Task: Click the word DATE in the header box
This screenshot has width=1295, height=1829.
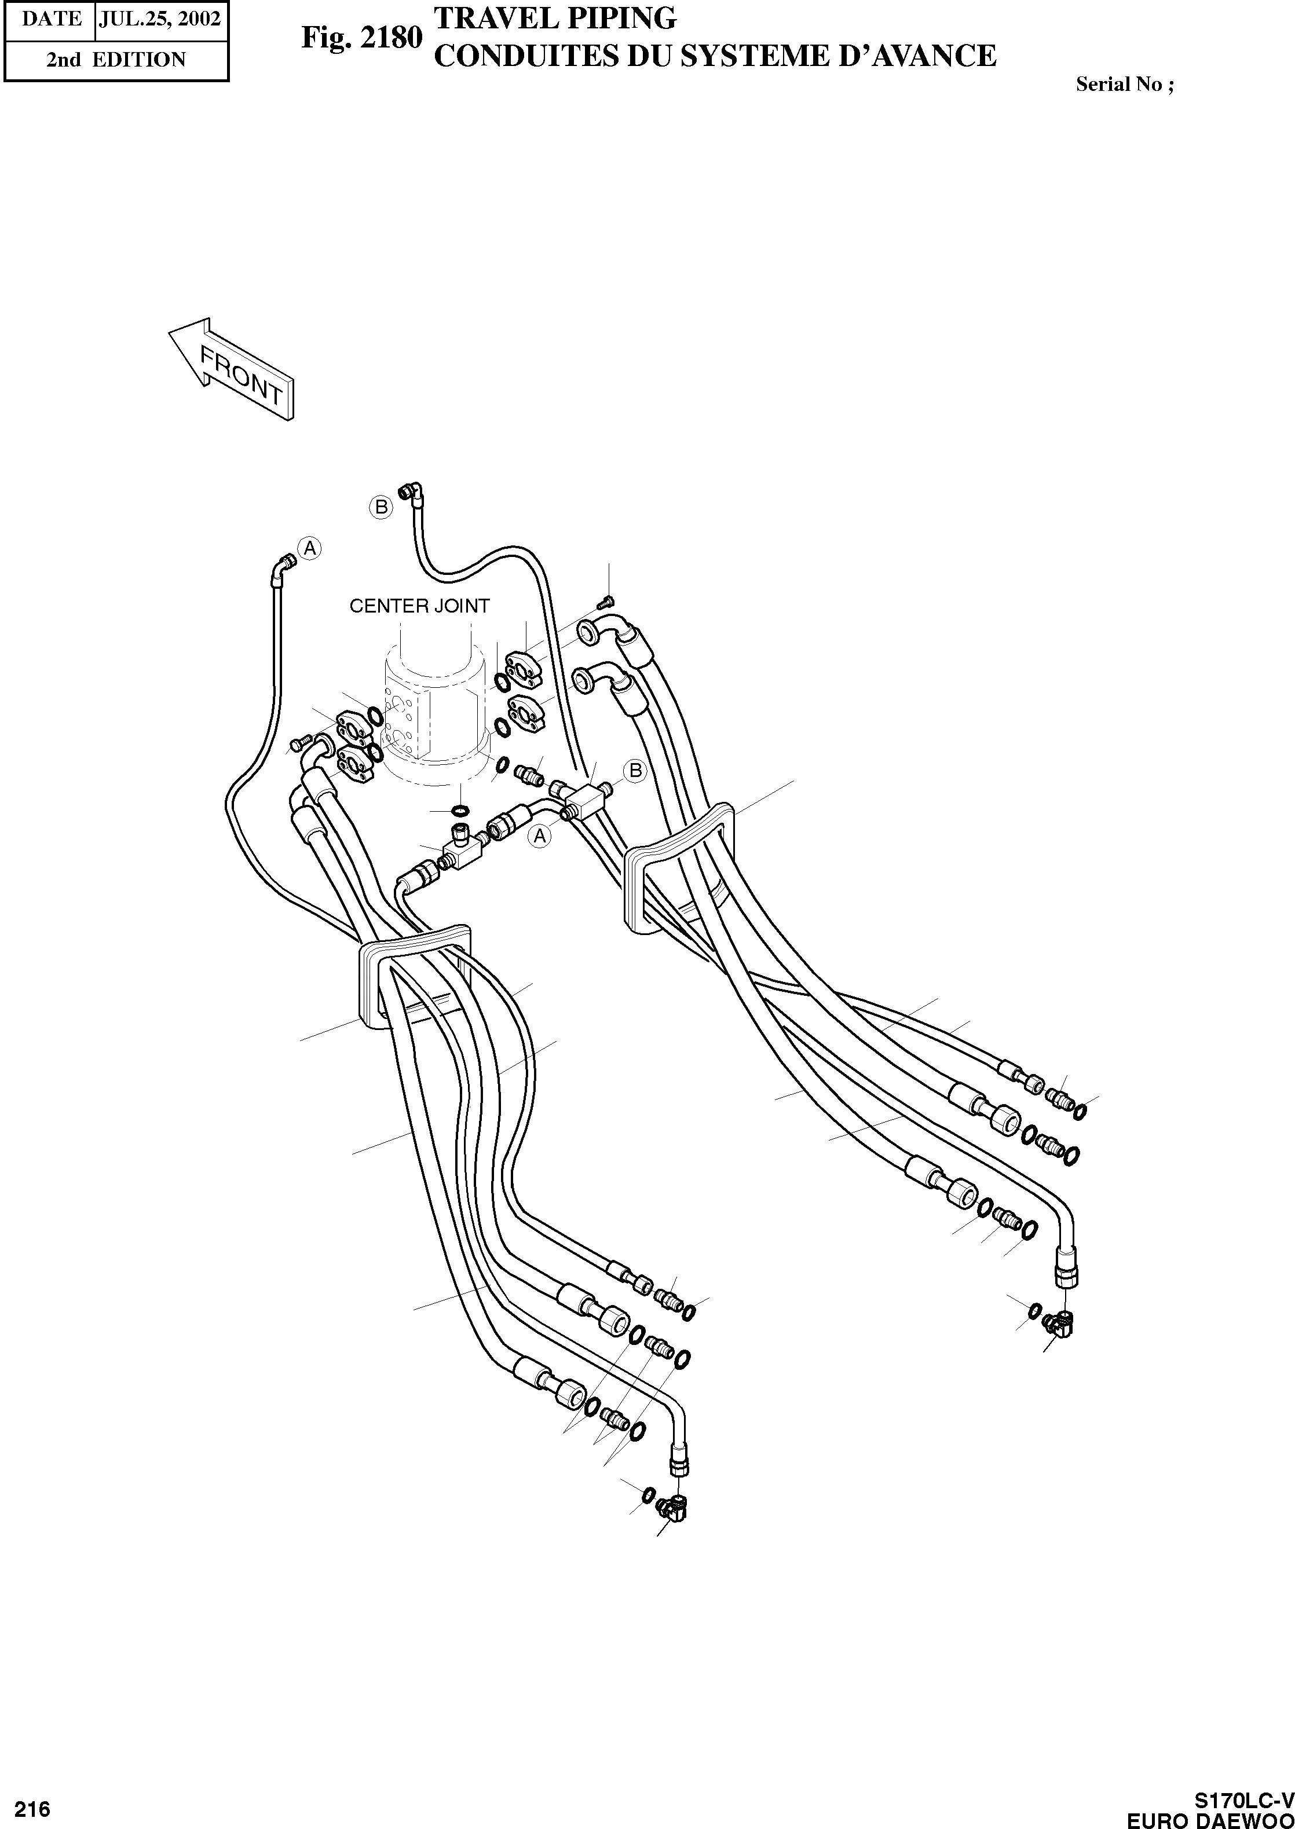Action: [x=50, y=19]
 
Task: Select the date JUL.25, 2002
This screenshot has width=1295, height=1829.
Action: [x=159, y=19]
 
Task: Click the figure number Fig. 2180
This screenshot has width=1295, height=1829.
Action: [x=360, y=38]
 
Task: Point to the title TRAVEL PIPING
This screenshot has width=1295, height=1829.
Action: [x=554, y=17]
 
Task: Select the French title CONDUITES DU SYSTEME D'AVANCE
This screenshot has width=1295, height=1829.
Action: [x=715, y=56]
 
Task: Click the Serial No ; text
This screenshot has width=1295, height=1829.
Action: [x=1124, y=84]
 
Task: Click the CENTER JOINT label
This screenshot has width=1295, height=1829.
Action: [x=419, y=606]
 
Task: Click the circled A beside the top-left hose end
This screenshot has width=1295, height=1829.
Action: [x=309, y=548]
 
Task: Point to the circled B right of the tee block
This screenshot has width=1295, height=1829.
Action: [x=635, y=771]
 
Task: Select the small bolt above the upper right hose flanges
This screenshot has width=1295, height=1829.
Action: [x=609, y=600]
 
